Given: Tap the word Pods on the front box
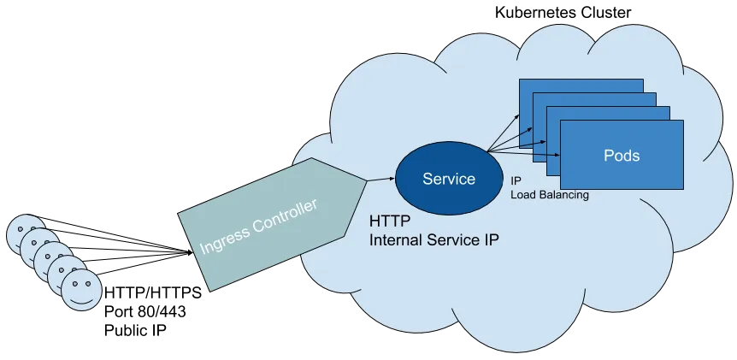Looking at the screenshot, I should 622,156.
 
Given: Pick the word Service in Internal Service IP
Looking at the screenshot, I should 455,240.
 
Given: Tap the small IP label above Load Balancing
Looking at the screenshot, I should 516,181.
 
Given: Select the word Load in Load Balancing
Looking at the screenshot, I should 523,195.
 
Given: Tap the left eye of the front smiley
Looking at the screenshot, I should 74,282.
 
